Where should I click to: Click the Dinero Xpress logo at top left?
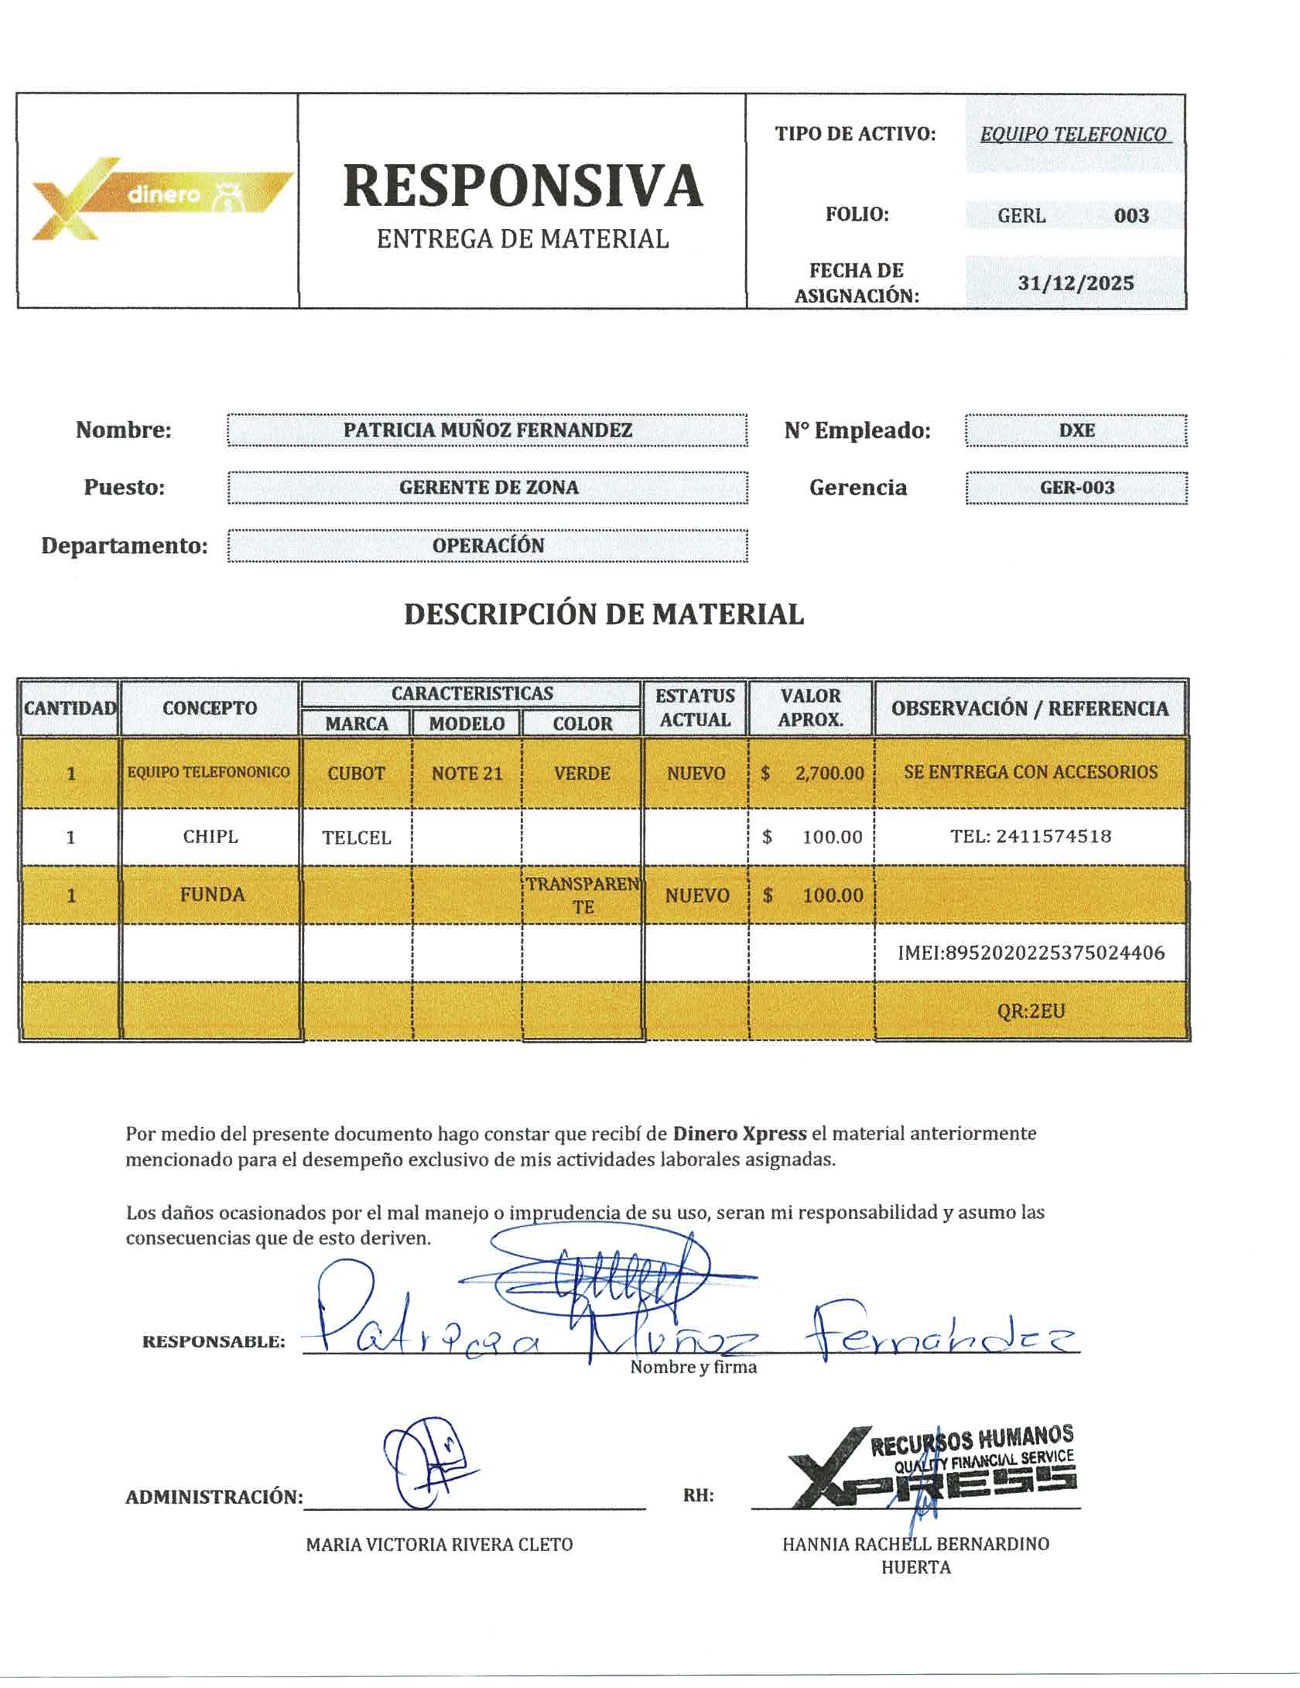(x=159, y=198)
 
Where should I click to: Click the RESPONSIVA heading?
(x=523, y=186)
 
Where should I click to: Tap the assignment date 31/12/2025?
(x=1076, y=283)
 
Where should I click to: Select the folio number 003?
(x=1131, y=216)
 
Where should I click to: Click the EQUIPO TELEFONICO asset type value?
(x=1074, y=135)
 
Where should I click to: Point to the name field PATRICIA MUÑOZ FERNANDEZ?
(x=487, y=430)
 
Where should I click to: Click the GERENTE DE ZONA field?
(x=487, y=488)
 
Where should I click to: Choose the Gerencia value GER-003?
(x=1076, y=488)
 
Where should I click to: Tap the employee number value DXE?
(x=1076, y=430)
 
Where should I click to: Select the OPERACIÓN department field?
(x=487, y=545)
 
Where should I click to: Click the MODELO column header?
(x=467, y=724)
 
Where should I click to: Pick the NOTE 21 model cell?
(x=467, y=773)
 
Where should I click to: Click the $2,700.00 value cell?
(x=812, y=773)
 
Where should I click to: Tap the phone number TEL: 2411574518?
(x=1031, y=837)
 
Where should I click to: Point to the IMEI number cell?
(x=1031, y=953)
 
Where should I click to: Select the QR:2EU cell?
(x=1031, y=1011)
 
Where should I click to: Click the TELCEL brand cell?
(x=356, y=837)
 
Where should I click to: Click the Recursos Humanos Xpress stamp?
(x=936, y=1470)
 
